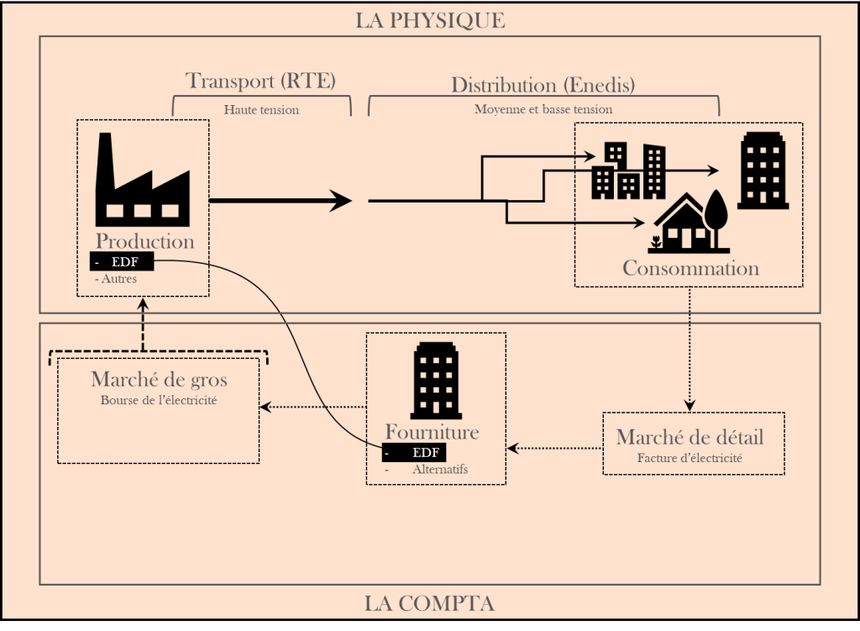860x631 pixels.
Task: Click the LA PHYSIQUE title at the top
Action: click(x=430, y=20)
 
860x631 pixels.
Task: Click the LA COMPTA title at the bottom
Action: click(x=429, y=603)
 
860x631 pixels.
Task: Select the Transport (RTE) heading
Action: click(x=260, y=82)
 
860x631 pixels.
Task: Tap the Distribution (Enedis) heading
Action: click(x=543, y=85)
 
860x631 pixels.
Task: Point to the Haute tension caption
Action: click(x=261, y=109)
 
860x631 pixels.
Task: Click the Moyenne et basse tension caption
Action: click(x=543, y=109)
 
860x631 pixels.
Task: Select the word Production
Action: click(x=144, y=241)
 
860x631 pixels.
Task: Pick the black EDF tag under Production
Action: click(x=123, y=262)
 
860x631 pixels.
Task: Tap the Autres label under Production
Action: click(x=118, y=279)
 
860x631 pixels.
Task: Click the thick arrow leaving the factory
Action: click(x=280, y=200)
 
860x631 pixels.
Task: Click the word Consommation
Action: click(x=690, y=269)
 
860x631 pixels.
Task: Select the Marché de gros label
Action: click(x=159, y=380)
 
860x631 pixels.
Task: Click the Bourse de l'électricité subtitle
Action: click(x=159, y=401)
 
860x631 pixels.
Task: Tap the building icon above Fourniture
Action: click(x=435, y=381)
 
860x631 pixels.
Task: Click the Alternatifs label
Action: click(x=440, y=470)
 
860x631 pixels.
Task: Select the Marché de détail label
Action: click(x=690, y=438)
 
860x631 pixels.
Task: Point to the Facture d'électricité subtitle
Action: click(x=690, y=459)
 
